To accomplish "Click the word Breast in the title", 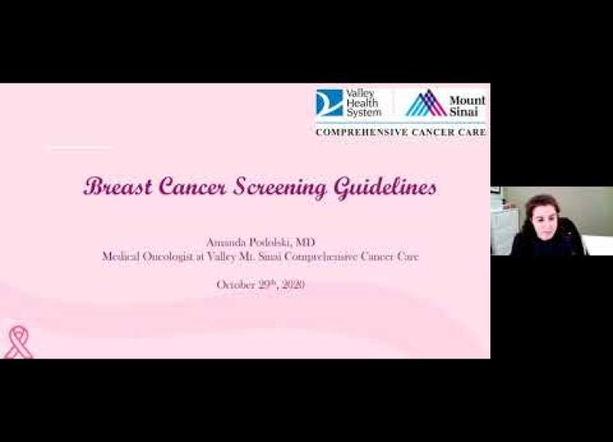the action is coord(118,186).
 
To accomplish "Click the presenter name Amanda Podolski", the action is coord(248,242).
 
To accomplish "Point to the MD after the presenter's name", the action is coord(305,242).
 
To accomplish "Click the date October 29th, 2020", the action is coord(261,285).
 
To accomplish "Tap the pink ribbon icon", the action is coord(18,343).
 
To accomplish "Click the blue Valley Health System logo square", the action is coord(329,103).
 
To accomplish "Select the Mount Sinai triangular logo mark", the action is coord(426,103).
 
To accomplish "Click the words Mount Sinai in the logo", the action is coord(467,106).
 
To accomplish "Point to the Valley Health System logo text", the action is coord(363,103).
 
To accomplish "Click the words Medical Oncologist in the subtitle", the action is coord(148,257).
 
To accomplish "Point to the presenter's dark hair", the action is coord(543,202).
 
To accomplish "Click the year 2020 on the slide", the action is coord(293,285).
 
